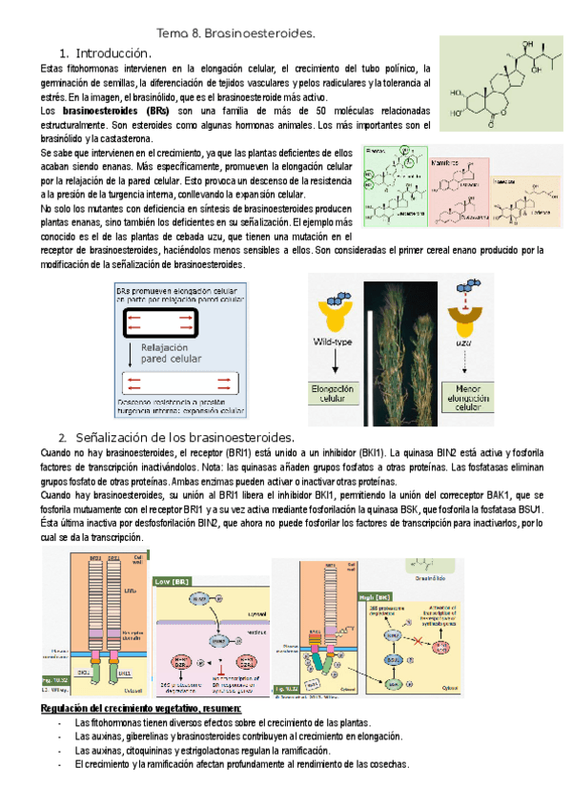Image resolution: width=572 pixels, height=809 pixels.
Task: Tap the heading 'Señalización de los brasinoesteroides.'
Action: pos(181,437)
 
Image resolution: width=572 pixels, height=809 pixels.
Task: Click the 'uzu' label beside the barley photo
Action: pos(466,342)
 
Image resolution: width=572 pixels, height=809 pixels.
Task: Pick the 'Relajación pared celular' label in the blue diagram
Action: pos(172,354)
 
